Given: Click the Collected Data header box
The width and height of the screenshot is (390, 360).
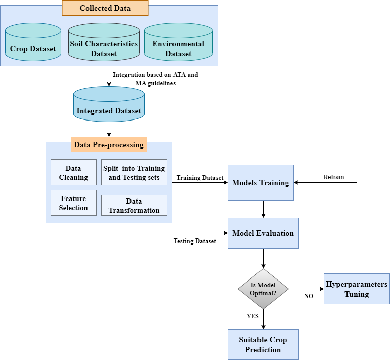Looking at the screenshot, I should [x=105, y=8].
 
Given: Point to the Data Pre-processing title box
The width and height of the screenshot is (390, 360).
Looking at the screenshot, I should [x=109, y=145].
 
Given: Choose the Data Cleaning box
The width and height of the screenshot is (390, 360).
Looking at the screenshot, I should [x=73, y=173].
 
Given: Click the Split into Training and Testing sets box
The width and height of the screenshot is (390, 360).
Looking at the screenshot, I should [x=134, y=173].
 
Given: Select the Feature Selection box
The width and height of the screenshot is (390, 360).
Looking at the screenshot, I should [x=73, y=203].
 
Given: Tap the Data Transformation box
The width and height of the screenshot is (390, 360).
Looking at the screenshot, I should [x=134, y=205].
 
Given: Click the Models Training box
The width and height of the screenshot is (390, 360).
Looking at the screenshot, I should [x=261, y=182].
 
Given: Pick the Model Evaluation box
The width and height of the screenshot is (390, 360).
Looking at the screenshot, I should [x=263, y=233].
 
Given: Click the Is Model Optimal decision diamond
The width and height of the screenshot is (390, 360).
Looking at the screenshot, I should [x=263, y=289].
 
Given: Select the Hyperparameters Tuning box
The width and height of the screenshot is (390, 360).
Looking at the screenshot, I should [x=357, y=289].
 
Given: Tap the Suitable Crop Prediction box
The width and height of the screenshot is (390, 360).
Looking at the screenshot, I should [x=263, y=344].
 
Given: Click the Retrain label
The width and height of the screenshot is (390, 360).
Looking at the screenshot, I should [x=334, y=177].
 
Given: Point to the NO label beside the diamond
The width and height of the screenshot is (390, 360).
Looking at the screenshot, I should [x=308, y=296].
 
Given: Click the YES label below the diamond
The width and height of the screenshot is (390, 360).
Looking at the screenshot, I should [x=252, y=316].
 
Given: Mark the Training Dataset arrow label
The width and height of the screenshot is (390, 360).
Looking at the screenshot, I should [x=200, y=178].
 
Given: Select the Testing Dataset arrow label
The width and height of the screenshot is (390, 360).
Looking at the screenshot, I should [x=195, y=241].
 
